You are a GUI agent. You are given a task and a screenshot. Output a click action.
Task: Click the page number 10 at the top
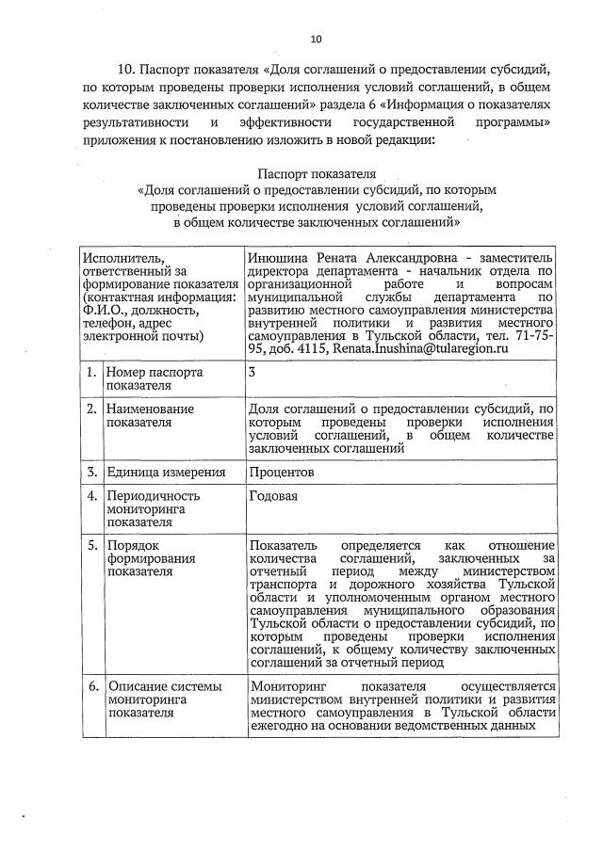[x=316, y=39]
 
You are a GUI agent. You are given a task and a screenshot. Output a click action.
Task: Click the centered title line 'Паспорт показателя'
[x=317, y=174]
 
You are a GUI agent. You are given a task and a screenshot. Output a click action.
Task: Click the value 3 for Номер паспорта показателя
[x=252, y=372]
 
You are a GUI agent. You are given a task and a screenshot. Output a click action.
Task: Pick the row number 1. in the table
[x=91, y=372]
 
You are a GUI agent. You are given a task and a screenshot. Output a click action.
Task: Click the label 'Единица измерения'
[x=166, y=473]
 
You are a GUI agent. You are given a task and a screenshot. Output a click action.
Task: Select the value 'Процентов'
[x=281, y=473]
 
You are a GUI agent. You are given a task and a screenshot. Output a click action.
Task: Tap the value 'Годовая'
[x=273, y=495]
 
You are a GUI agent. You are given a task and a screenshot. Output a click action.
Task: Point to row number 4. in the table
[x=91, y=495]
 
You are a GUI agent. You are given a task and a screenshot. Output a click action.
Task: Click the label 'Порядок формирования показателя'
[x=151, y=558]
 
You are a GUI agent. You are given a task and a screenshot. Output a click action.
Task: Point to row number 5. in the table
[x=91, y=545]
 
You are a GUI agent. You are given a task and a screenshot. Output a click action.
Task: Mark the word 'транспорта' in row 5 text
[x=283, y=585]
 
